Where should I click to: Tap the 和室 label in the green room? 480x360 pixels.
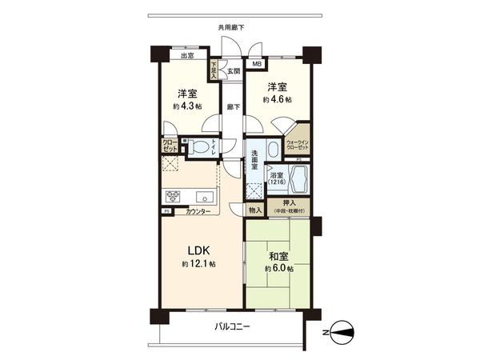[x=278, y=257]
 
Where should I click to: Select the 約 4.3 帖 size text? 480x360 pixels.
[x=186, y=106]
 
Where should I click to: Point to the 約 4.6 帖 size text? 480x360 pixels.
[x=277, y=99]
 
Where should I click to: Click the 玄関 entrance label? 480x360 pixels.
[x=233, y=72]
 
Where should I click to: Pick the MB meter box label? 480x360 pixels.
[x=257, y=64]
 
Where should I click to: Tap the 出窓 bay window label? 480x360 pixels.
[x=186, y=56]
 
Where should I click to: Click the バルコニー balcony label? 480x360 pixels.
[x=233, y=327]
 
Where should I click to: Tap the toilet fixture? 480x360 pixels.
[x=199, y=147]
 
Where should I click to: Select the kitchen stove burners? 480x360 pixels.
[x=174, y=197]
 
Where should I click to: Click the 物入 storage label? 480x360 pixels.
[x=255, y=210]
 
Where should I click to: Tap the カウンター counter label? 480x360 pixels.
[x=198, y=211]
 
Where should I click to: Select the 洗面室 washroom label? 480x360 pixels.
[x=252, y=156]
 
